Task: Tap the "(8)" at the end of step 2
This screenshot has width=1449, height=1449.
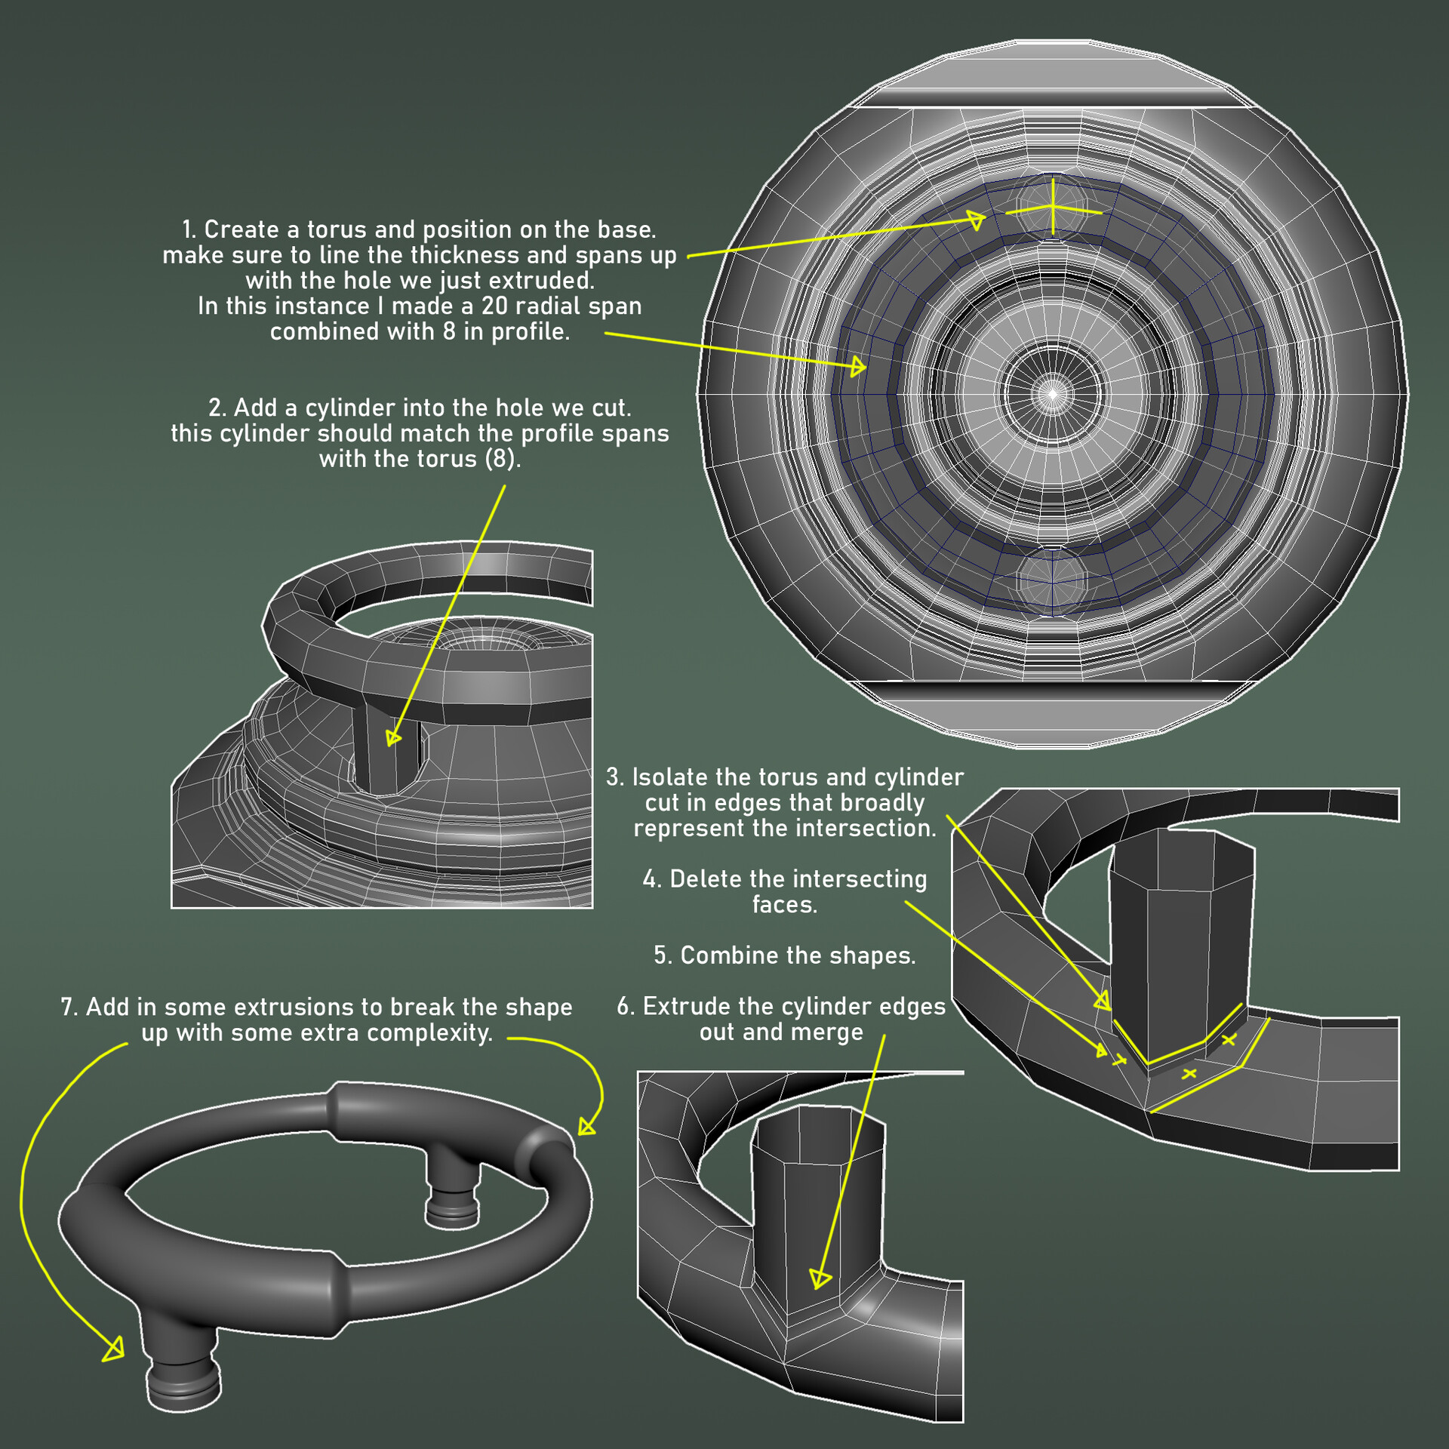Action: pos(501,459)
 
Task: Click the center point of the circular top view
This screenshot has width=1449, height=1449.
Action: pos(1053,393)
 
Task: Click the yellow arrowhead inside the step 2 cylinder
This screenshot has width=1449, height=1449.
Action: pos(392,737)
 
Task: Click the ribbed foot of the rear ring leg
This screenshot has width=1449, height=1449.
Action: pos(451,1208)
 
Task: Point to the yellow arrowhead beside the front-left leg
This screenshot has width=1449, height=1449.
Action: pos(114,1348)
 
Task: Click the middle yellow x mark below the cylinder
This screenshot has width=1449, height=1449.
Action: pos(1189,1072)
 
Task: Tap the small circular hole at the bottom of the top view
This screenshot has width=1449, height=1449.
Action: pos(1052,580)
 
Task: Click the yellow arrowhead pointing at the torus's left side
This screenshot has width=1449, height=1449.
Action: pos(858,368)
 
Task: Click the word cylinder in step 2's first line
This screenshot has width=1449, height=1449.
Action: pos(331,408)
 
